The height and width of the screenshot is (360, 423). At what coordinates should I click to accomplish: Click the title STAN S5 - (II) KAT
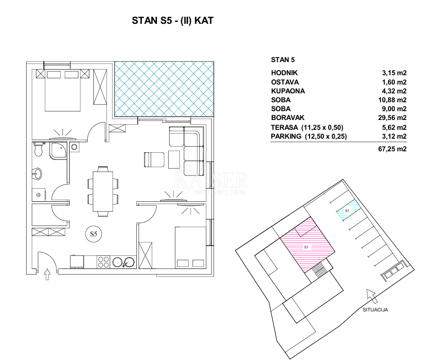point(172,21)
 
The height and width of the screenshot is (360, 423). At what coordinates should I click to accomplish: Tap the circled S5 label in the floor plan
point(93,234)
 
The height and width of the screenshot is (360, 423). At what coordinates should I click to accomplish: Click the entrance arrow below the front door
point(47,274)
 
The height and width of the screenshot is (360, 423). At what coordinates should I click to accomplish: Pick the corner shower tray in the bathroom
point(58,151)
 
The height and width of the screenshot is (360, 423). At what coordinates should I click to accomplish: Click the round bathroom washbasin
point(37,174)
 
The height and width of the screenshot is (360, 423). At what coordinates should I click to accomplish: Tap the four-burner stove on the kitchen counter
point(103,262)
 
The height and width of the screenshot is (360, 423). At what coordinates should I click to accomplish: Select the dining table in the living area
point(103,191)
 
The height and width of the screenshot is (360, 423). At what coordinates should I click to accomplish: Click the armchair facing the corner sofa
point(154,160)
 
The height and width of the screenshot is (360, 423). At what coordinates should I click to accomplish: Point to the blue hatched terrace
point(164,89)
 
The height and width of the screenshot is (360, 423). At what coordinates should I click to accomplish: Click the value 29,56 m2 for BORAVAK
point(392,118)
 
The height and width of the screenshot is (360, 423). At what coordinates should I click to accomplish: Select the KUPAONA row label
point(288,91)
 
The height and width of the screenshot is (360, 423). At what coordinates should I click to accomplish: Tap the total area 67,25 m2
point(392,149)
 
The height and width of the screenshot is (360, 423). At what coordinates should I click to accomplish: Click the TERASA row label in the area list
point(285,127)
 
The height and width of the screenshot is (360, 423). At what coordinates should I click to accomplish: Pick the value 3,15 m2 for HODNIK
point(394,73)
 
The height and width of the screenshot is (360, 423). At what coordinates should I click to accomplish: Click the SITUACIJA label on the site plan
point(375,310)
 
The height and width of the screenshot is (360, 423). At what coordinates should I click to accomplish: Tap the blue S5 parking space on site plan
point(348,210)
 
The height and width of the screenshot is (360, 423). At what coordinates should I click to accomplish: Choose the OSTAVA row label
point(285,82)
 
